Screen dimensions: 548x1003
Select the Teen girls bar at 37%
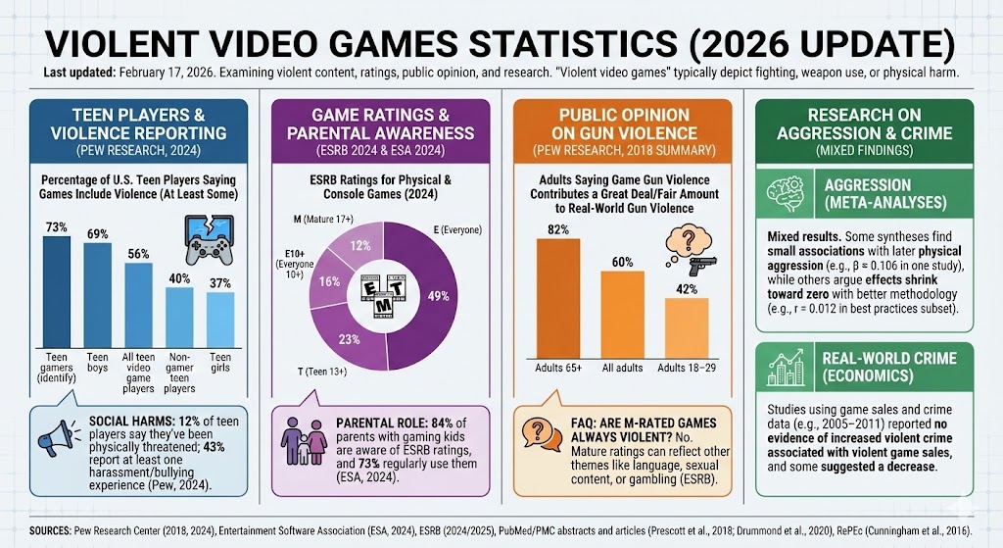220,320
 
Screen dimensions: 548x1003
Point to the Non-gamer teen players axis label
179,372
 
